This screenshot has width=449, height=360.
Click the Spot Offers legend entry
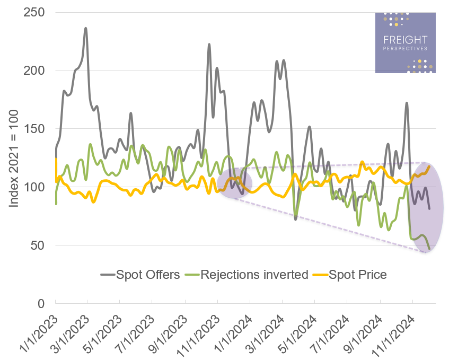click(140, 275)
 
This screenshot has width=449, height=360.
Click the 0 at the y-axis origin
click(43, 304)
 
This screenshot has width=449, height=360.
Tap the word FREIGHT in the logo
click(405, 40)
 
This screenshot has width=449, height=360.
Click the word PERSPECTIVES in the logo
click(405, 49)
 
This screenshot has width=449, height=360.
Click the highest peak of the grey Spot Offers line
click(86, 28)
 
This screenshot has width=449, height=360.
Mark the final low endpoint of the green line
click(429, 249)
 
